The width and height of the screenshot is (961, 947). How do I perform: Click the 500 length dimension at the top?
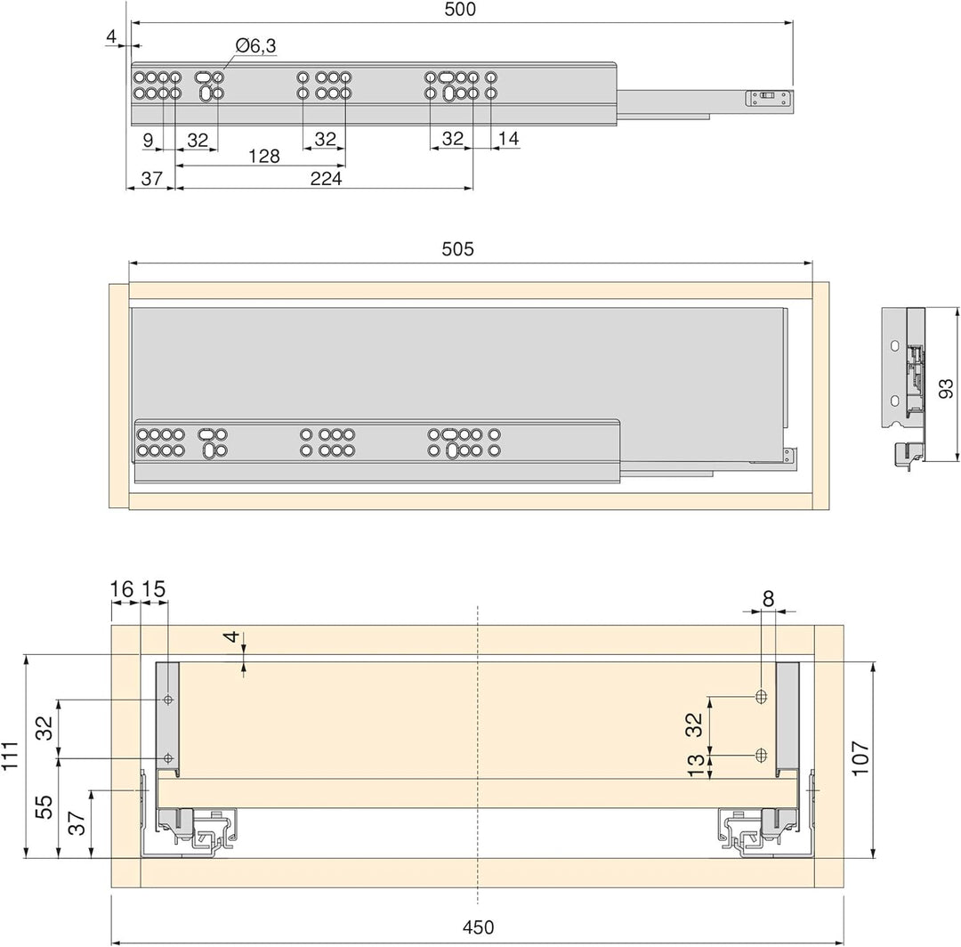click(460, 9)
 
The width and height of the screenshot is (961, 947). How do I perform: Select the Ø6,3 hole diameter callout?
click(255, 45)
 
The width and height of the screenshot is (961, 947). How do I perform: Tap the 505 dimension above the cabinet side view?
click(458, 249)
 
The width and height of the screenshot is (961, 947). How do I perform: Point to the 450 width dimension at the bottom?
click(478, 927)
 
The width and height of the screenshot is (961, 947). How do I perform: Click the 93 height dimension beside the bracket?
click(946, 388)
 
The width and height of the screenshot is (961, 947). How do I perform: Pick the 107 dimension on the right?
click(860, 758)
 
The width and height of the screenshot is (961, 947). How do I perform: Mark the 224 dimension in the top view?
click(326, 178)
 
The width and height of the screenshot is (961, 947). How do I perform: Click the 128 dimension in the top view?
click(264, 157)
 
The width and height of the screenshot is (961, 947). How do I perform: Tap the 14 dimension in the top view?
click(509, 139)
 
